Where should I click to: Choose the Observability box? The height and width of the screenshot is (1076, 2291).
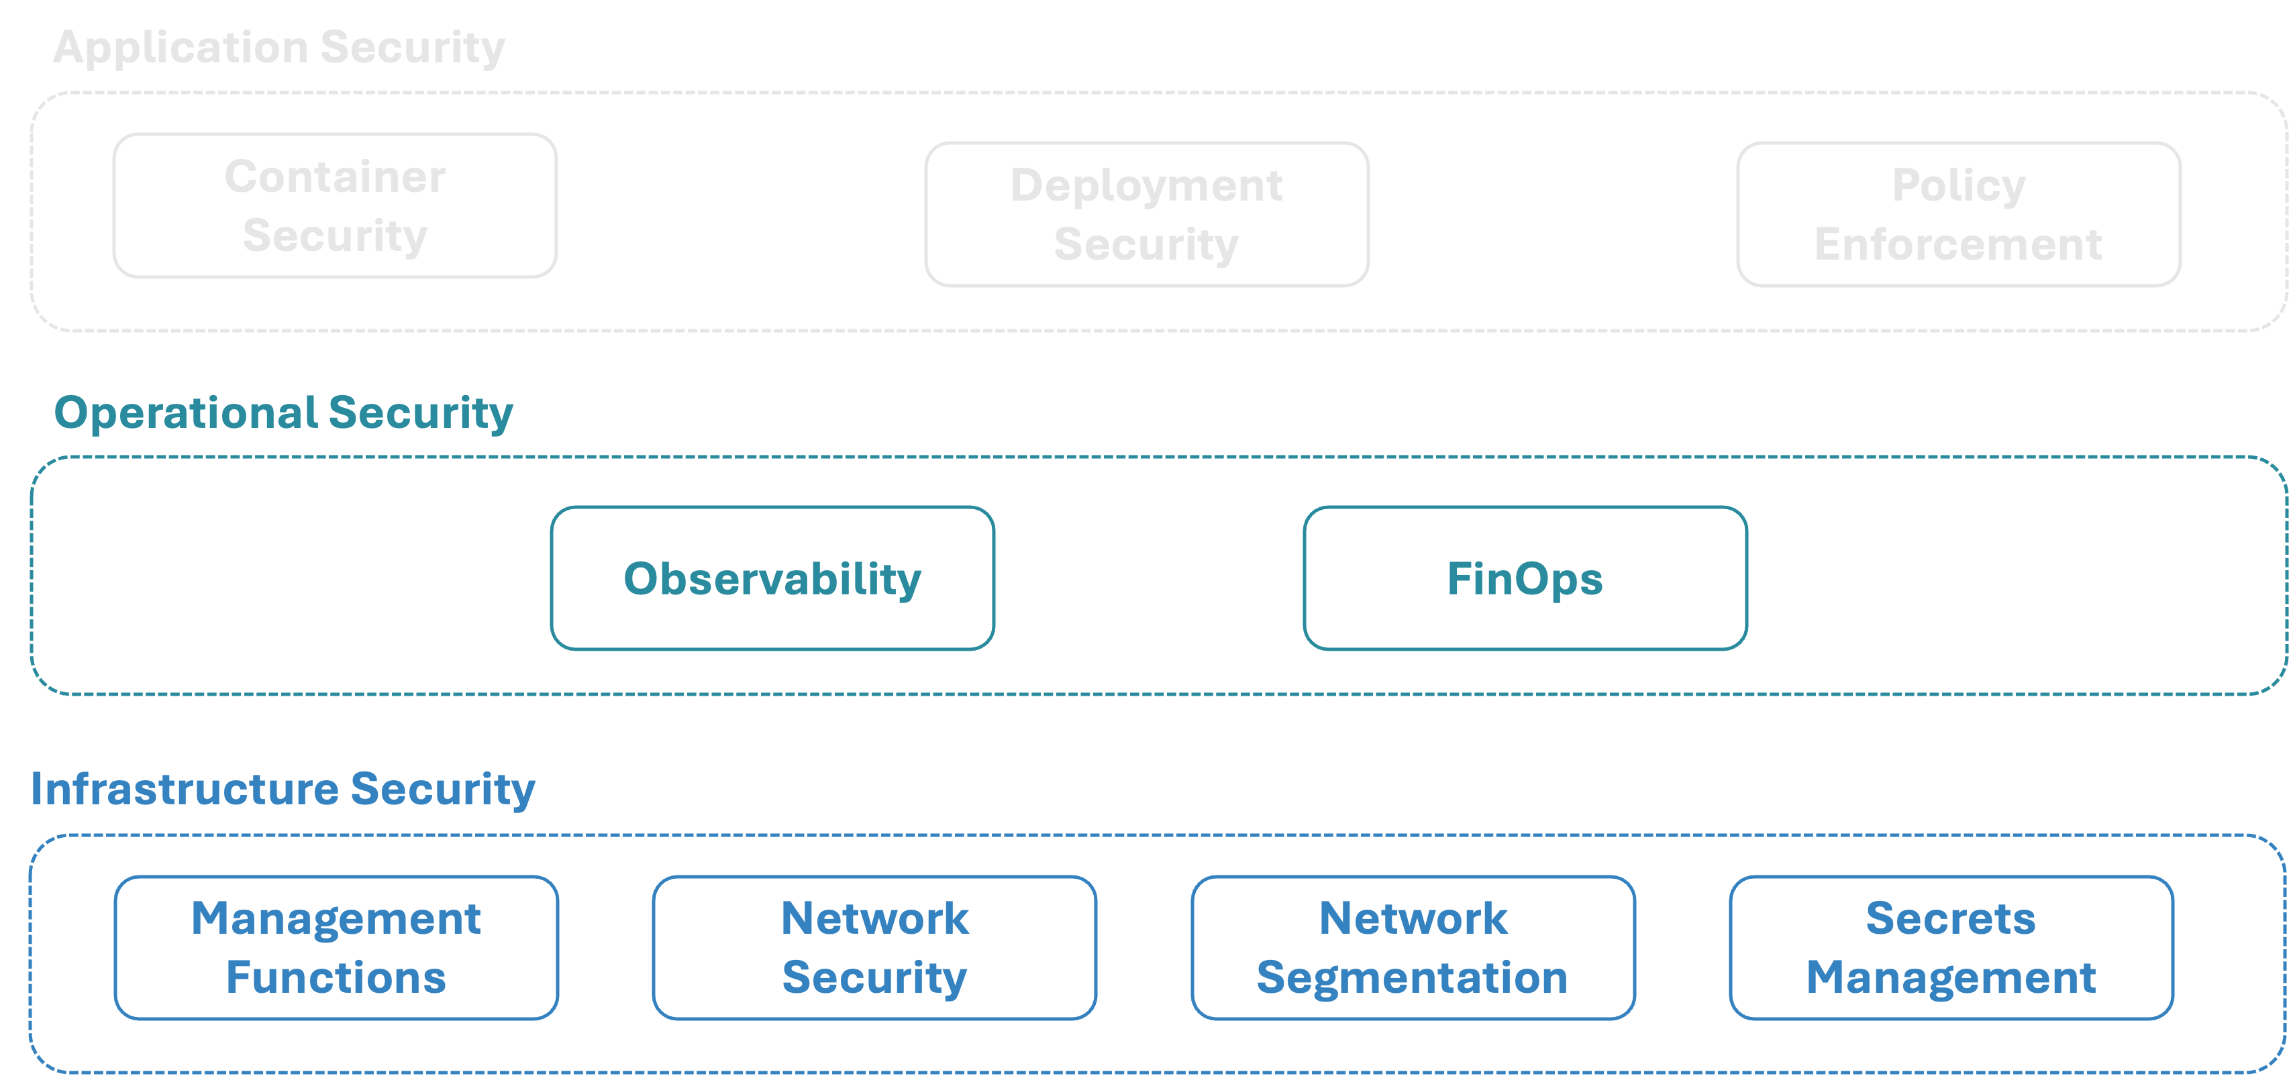click(x=772, y=578)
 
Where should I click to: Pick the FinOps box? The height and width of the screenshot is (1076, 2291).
click(x=1525, y=578)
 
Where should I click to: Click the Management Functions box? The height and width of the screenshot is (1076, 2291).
click(x=336, y=947)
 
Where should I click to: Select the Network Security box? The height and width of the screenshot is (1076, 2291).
click(x=874, y=947)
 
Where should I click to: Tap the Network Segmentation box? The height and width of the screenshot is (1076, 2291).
click(x=1413, y=947)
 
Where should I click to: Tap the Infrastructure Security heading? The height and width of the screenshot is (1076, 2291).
click(x=283, y=789)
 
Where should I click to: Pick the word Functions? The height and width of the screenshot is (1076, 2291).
click(x=336, y=977)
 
